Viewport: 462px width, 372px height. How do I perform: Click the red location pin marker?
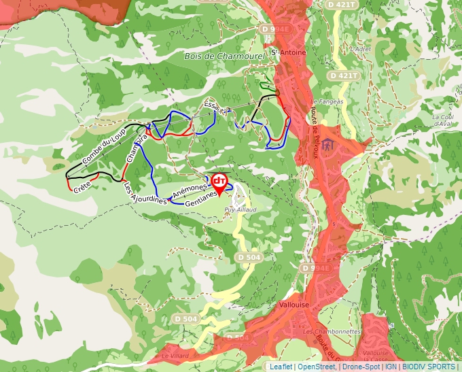click(219, 182)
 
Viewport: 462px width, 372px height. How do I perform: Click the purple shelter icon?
click(328, 146)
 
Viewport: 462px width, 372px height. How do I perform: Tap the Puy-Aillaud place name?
click(241, 210)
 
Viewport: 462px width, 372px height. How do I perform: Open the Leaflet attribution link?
click(281, 367)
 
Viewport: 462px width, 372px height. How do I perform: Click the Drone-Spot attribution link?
click(360, 367)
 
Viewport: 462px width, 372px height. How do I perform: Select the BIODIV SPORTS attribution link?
click(429, 367)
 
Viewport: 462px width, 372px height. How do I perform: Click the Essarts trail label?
click(217, 107)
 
